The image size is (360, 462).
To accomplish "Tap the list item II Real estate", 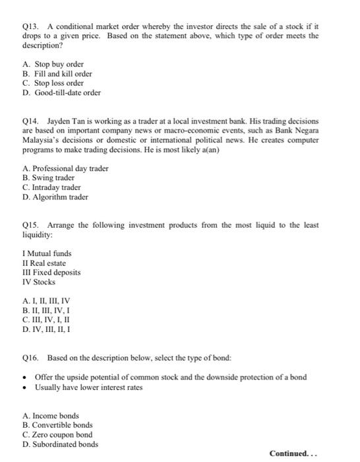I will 44,263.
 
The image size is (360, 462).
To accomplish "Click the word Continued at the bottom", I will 290,453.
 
